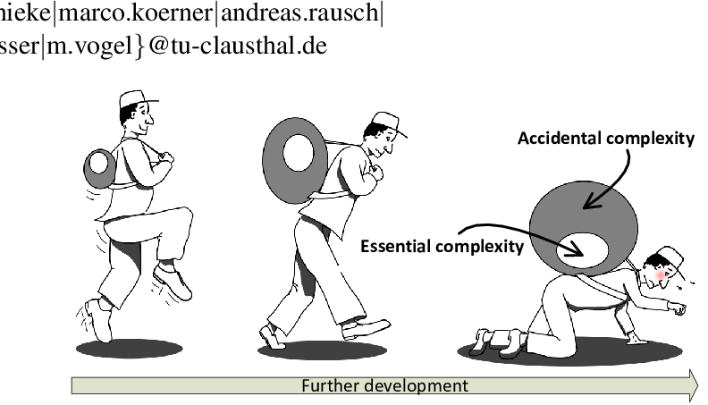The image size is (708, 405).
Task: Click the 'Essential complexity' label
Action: coord(442,244)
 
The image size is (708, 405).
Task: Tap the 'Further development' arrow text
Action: coord(383,385)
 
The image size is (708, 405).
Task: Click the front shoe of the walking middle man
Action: coord(366,328)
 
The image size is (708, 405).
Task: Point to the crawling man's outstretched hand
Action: coord(681,309)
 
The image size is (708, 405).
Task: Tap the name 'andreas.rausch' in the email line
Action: coord(322,16)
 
